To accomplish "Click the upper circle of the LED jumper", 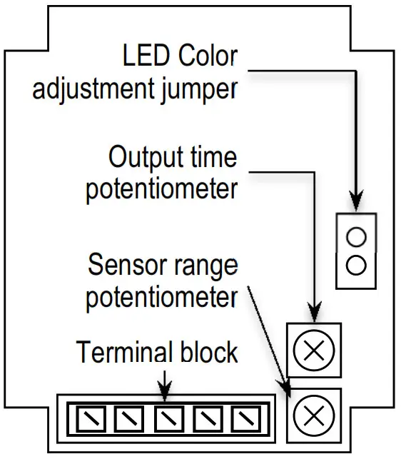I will tap(356, 236).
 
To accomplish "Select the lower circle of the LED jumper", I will tap(356, 266).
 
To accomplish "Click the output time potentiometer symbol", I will tap(313, 350).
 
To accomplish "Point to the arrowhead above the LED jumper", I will tap(356, 202).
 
